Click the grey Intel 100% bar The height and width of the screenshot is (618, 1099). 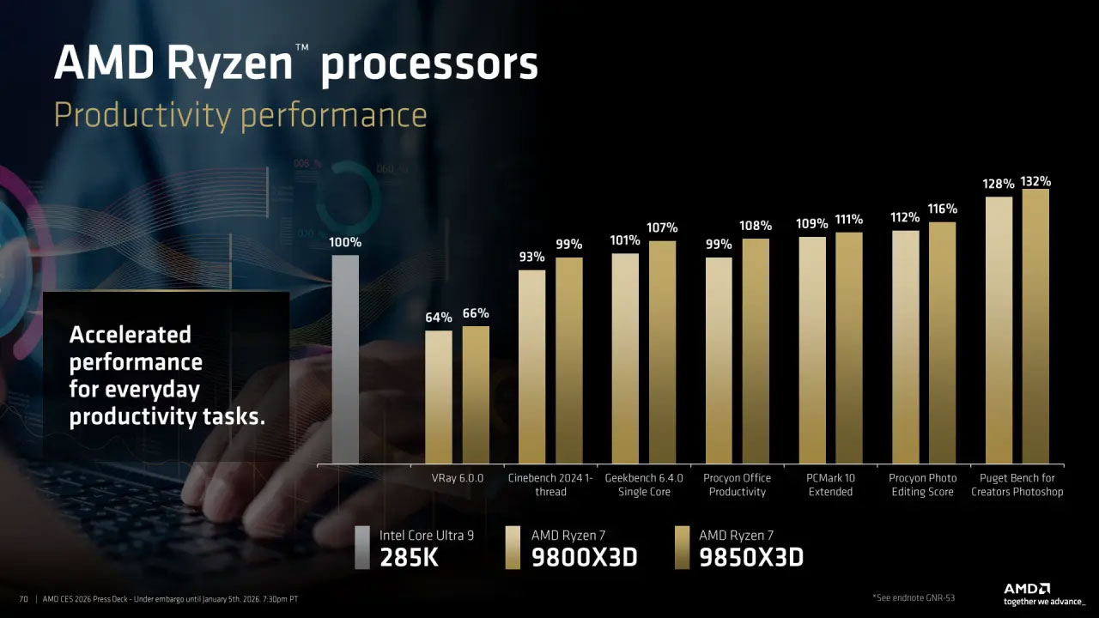[345, 359]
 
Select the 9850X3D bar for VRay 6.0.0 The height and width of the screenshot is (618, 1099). [476, 395]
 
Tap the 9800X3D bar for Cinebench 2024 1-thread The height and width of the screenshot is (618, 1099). [531, 367]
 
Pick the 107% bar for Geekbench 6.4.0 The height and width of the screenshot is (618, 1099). [662, 352]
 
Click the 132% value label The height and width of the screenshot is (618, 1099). [1035, 181]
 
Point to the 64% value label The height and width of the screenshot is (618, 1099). [439, 318]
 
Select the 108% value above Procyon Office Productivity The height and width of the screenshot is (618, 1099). [756, 226]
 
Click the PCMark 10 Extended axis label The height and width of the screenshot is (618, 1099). [830, 485]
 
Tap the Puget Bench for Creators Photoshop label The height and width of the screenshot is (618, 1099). [1017, 485]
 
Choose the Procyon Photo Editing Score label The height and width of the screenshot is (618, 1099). [923, 485]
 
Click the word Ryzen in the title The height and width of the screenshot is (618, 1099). [232, 64]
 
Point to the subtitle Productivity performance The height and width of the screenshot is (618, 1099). [240, 115]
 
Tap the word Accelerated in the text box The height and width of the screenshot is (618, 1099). [130, 335]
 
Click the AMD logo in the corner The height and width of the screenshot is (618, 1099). [1027, 589]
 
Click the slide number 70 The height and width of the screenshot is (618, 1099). [23, 598]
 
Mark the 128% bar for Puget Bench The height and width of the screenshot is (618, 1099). [999, 330]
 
